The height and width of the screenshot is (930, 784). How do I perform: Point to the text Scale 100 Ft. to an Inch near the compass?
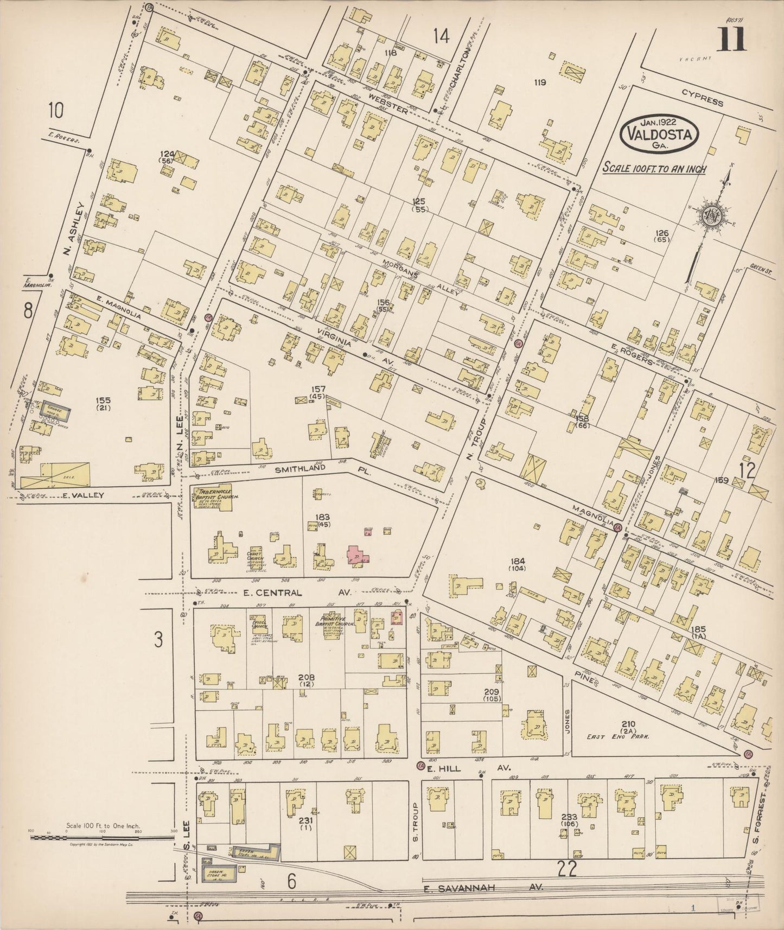654,169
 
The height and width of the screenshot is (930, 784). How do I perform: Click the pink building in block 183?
358,556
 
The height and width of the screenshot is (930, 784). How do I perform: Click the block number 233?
569,817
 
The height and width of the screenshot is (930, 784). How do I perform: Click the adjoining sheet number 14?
442,36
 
